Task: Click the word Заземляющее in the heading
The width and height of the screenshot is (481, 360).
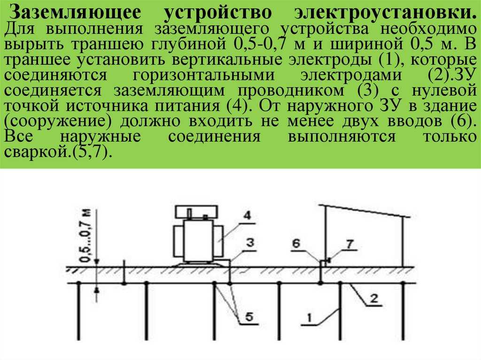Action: [x=76, y=13]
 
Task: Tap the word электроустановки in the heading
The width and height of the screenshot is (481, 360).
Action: [x=386, y=13]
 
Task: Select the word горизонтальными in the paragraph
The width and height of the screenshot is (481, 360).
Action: [x=204, y=76]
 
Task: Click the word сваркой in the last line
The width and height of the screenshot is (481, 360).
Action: [x=35, y=152]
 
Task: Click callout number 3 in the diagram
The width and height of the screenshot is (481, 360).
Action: [x=250, y=243]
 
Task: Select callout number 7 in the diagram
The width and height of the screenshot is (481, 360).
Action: [x=349, y=244]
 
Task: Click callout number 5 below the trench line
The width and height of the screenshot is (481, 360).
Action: [x=249, y=316]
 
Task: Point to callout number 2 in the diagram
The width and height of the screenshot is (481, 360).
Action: [x=373, y=298]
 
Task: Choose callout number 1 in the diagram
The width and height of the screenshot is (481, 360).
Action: [x=309, y=318]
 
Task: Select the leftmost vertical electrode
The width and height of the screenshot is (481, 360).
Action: [x=79, y=311]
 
